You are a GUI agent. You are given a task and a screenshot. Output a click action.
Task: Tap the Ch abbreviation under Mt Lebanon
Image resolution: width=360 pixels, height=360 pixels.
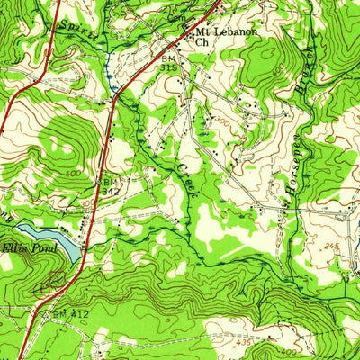click(x=202, y=41)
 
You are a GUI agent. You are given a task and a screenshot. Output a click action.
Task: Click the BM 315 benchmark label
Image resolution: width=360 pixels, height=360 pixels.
click(x=168, y=61)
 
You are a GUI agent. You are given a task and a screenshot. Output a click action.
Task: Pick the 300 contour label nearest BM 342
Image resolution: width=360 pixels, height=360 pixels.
click(x=87, y=204)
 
